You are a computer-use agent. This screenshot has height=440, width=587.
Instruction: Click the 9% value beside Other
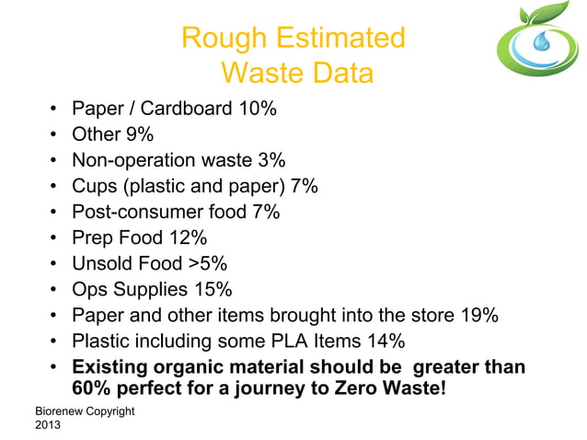(139, 135)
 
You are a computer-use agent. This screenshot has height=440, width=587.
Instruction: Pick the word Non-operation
(135, 161)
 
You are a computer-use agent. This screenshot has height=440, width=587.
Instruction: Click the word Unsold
(106, 265)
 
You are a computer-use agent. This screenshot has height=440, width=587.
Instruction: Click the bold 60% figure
(91, 391)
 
